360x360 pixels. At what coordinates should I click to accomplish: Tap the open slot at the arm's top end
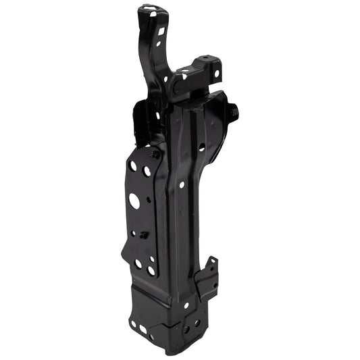pos(153,11)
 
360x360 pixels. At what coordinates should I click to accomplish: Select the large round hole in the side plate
pos(134,201)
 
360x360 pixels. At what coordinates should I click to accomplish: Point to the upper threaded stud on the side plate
pos(155,154)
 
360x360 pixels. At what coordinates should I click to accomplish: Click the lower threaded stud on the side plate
pos(143,235)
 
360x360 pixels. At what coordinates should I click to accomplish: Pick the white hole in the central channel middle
pos(182,184)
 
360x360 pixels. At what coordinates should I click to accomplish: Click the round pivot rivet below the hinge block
pos(176,86)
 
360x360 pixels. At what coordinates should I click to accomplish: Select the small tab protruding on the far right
pos(233,111)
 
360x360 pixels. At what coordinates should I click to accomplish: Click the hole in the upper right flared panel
pos(201,146)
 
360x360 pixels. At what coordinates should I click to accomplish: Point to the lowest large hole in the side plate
pos(151,270)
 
